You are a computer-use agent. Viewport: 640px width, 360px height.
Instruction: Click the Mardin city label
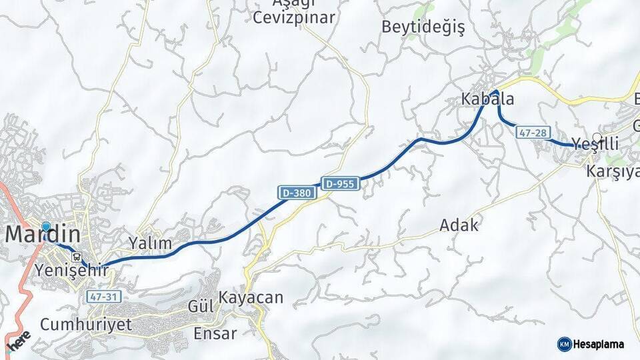pyautogui.click(x=43, y=235)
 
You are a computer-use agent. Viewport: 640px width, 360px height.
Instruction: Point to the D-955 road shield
pyautogui.click(x=341, y=183)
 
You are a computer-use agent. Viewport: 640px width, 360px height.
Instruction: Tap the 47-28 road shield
pyautogui.click(x=533, y=133)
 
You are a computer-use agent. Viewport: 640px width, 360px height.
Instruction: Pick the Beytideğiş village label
pyautogui.click(x=423, y=27)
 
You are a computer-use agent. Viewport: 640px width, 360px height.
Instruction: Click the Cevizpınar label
pyautogui.click(x=293, y=18)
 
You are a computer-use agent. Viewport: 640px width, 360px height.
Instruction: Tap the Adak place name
pyautogui.click(x=459, y=225)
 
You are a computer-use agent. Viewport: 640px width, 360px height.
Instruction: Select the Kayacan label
pyautogui.click(x=251, y=297)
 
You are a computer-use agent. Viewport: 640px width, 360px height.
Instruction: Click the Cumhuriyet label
pyautogui.click(x=85, y=325)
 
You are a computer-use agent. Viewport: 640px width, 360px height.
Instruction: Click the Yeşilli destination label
pyautogui.click(x=595, y=145)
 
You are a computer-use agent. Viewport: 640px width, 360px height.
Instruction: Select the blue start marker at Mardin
pyautogui.click(x=45, y=227)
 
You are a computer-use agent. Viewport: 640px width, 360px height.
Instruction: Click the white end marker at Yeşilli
pyautogui.click(x=597, y=138)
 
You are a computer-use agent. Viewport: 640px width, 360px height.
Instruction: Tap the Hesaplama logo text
pyautogui.click(x=598, y=344)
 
